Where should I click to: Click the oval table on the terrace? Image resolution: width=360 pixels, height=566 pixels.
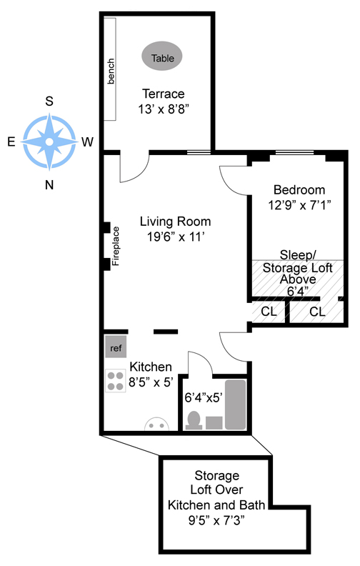pos(161,56)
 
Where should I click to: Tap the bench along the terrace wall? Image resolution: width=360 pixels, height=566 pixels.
pos(110,69)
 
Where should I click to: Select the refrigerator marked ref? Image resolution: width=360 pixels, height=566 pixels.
pos(116,347)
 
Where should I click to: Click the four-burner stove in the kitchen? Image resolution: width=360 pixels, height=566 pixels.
pos(116,381)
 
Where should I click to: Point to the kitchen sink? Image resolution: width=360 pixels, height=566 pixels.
pos(156,424)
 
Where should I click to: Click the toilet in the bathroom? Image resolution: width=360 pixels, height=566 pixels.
pos(194,420)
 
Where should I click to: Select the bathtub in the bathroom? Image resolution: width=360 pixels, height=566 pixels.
pos(236,404)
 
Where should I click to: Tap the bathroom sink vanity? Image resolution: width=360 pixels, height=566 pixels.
pos(214,422)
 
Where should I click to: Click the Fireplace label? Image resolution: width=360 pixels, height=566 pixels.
pos(116,246)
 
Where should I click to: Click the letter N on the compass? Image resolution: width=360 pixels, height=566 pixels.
pos(49,185)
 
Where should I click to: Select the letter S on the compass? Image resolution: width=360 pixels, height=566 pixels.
pos(49,101)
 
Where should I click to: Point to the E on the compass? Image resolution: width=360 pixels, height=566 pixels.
pos(11,141)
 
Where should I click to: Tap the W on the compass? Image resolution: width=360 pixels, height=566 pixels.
pos(87,142)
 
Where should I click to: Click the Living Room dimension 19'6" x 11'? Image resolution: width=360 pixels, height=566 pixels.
pos(176,237)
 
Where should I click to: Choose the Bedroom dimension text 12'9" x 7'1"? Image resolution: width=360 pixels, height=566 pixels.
pos(299,205)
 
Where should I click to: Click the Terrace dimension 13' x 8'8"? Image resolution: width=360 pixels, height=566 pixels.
pos(164,109)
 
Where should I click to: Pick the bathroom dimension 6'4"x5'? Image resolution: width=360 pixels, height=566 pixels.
pos(204,397)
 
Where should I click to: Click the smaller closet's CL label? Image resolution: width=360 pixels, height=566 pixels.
pos(269,311)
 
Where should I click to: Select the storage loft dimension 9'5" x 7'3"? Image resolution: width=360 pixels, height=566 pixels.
pos(216,520)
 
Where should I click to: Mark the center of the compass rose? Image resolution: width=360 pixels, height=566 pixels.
pos(49,142)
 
